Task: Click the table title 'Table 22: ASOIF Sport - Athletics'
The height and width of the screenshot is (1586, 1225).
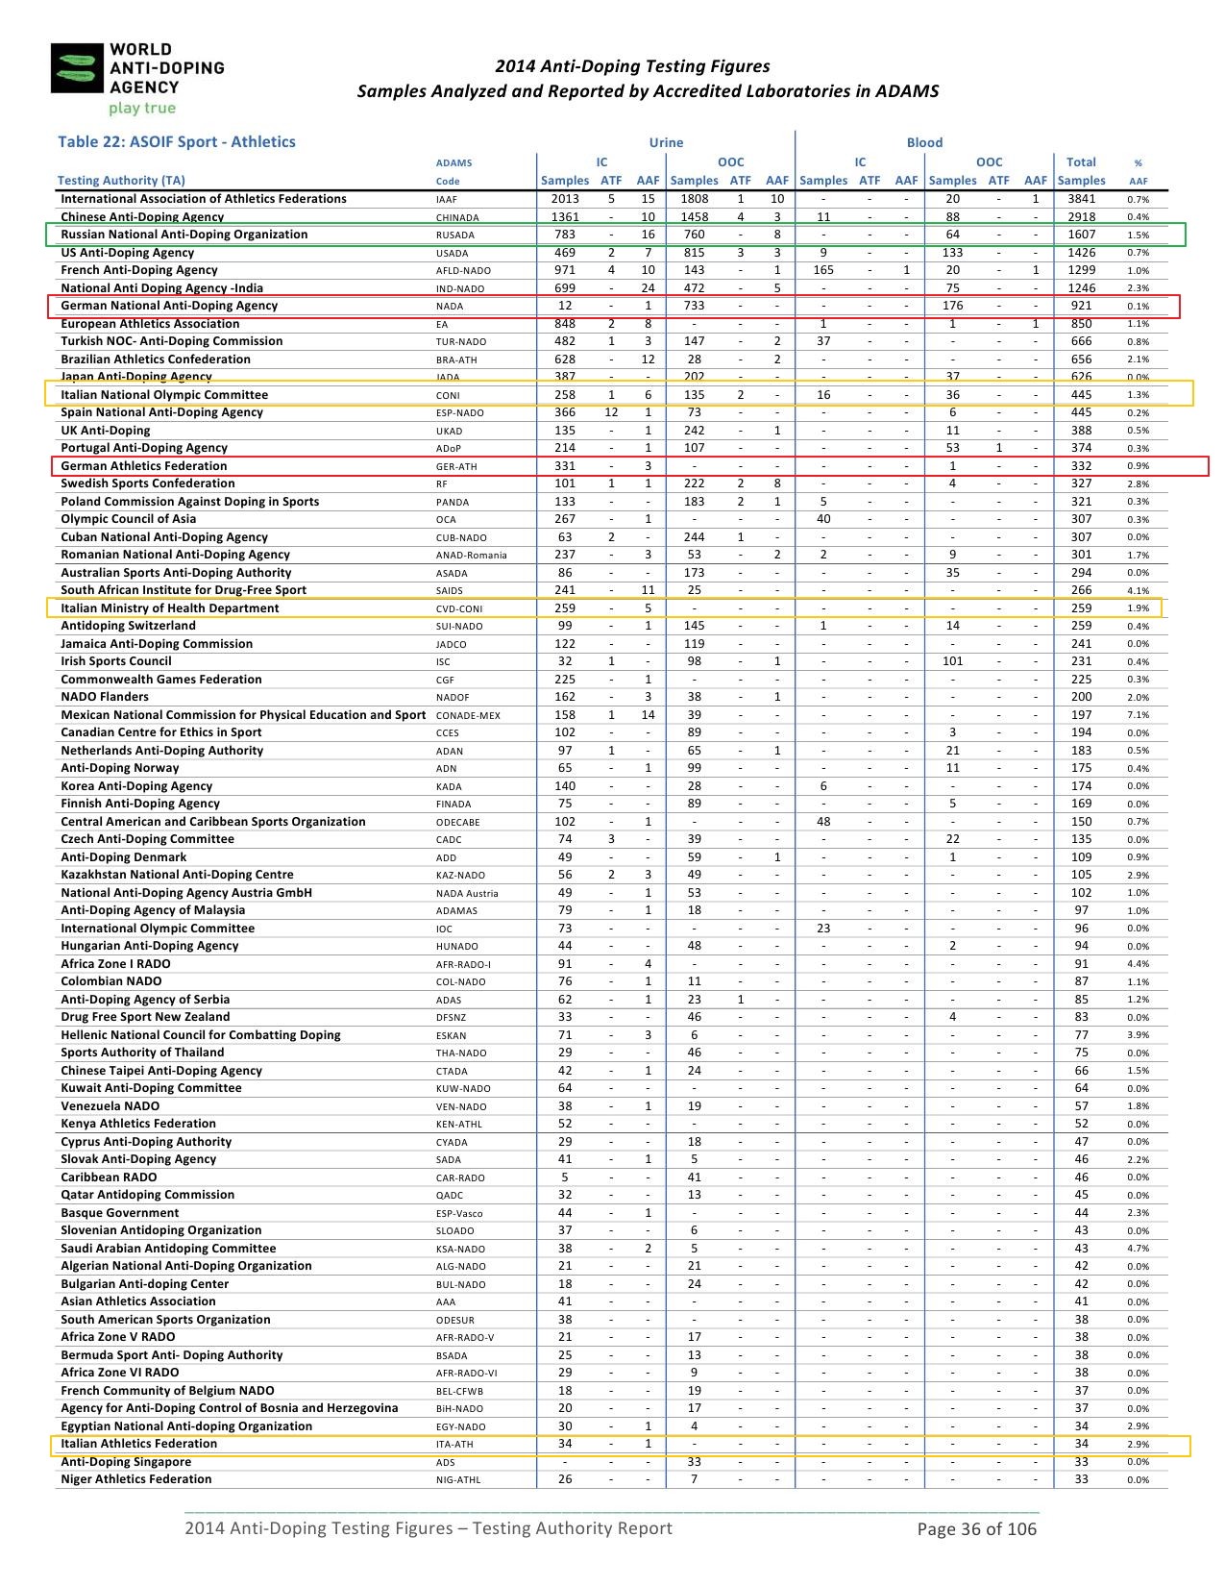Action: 177,142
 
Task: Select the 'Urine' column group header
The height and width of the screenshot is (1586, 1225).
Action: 666,143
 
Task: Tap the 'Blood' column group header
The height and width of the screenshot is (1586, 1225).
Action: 924,143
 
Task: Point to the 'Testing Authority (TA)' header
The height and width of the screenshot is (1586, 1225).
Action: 121,181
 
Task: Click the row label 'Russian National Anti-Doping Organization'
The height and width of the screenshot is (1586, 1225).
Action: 184,235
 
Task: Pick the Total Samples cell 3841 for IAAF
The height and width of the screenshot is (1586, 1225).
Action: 1081,199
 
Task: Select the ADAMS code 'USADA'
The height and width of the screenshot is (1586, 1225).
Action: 453,254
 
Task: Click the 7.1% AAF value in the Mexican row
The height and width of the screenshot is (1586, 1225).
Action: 1138,715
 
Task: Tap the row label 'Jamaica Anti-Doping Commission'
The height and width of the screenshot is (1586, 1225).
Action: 157,644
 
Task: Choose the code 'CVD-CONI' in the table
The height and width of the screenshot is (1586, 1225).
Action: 459,608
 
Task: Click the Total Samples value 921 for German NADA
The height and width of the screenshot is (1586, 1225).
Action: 1081,306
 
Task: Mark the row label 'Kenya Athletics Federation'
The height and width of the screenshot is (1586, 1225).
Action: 138,1124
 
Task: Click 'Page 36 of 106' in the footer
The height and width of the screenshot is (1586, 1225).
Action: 977,1528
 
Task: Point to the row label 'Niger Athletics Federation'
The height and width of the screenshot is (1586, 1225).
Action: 136,1479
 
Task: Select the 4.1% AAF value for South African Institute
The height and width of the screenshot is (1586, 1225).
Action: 1138,591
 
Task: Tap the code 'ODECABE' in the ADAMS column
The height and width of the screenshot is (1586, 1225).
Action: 457,823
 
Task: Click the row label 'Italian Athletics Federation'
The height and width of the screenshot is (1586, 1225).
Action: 139,1444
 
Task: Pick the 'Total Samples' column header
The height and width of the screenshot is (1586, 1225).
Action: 1081,171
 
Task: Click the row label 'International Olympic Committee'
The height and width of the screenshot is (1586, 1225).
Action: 158,929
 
